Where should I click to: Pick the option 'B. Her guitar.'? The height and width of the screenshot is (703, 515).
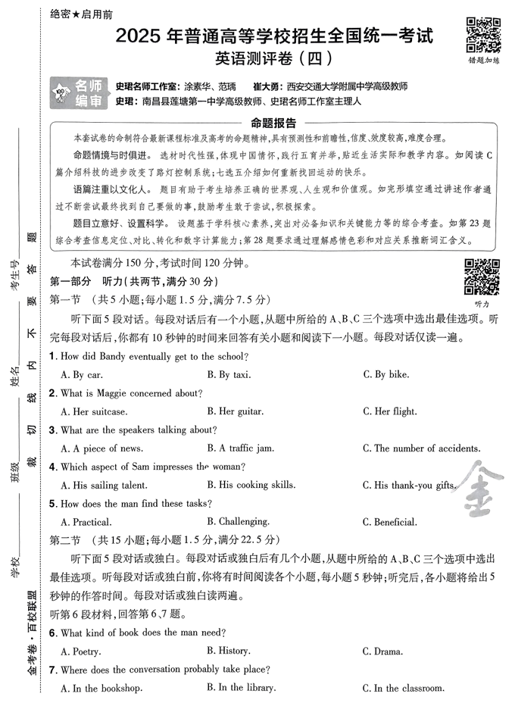point(235,411)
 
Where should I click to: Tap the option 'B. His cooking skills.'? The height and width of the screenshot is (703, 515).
point(251,485)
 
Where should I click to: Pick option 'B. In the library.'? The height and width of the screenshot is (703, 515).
point(241,687)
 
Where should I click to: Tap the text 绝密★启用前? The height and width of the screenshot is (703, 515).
point(81,14)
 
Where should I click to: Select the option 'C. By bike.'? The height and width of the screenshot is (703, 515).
point(385,374)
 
